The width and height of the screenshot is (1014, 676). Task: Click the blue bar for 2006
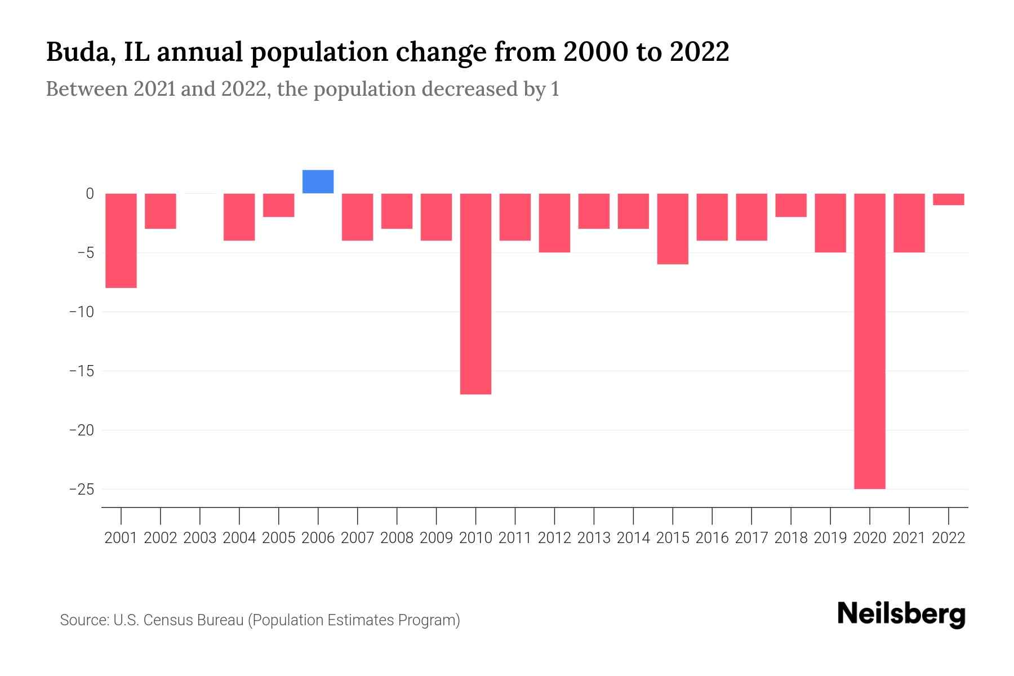318,182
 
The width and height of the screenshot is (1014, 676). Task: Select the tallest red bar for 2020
869,341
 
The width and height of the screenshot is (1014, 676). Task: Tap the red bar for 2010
475,293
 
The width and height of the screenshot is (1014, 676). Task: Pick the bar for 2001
121,241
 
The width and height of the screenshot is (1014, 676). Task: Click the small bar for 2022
948,199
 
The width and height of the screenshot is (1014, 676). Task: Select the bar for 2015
673,229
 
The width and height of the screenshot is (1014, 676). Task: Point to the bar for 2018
790,205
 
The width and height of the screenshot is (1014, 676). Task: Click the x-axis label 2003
200,538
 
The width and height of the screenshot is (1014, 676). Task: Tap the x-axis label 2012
554,538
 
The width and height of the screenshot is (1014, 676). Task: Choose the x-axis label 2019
830,538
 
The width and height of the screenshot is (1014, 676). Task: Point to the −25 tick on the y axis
81,489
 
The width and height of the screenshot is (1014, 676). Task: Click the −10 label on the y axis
81,312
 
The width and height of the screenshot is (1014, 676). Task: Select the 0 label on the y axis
90,194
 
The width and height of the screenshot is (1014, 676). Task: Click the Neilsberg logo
901,615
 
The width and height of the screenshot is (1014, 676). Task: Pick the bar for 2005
278,205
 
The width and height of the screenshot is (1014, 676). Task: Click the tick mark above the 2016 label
712,515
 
